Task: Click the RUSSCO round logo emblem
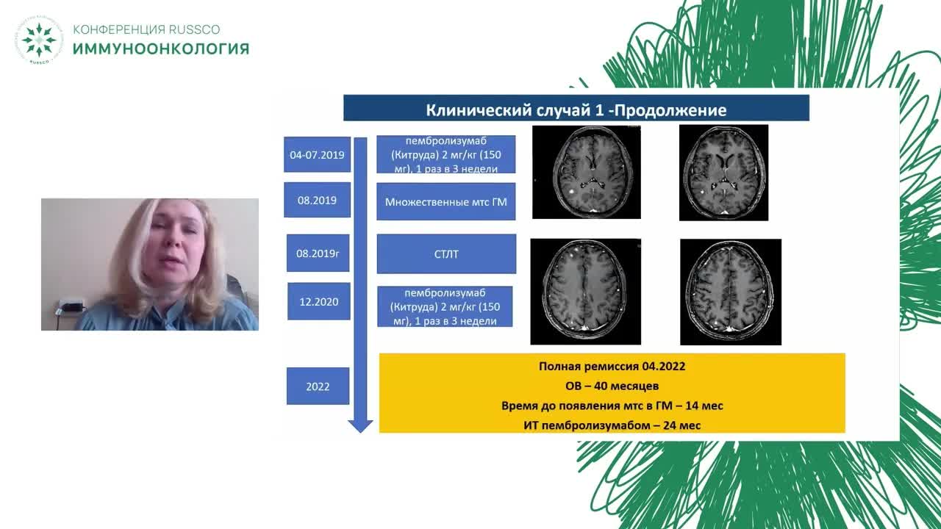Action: tap(39, 40)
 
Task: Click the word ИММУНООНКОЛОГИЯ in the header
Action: tap(161, 48)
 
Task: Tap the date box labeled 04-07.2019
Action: tap(317, 154)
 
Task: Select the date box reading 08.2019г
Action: tap(318, 253)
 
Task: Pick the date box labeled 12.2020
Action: tap(319, 301)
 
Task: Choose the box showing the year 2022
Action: tap(318, 386)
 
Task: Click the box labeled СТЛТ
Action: tap(446, 254)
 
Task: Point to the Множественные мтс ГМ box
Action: tap(446, 201)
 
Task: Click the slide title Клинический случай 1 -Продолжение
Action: tap(576, 110)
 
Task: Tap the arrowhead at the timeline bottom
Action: tap(360, 425)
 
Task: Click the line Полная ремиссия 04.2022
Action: tap(612, 366)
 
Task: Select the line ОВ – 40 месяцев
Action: tap(612, 386)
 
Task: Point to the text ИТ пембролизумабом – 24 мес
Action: tap(612, 425)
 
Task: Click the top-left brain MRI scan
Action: tap(587, 172)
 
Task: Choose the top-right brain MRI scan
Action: tap(724, 173)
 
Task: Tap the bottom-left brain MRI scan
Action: tap(586, 292)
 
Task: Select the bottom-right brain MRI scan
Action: tap(731, 292)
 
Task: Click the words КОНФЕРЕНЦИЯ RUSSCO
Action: tap(146, 29)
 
